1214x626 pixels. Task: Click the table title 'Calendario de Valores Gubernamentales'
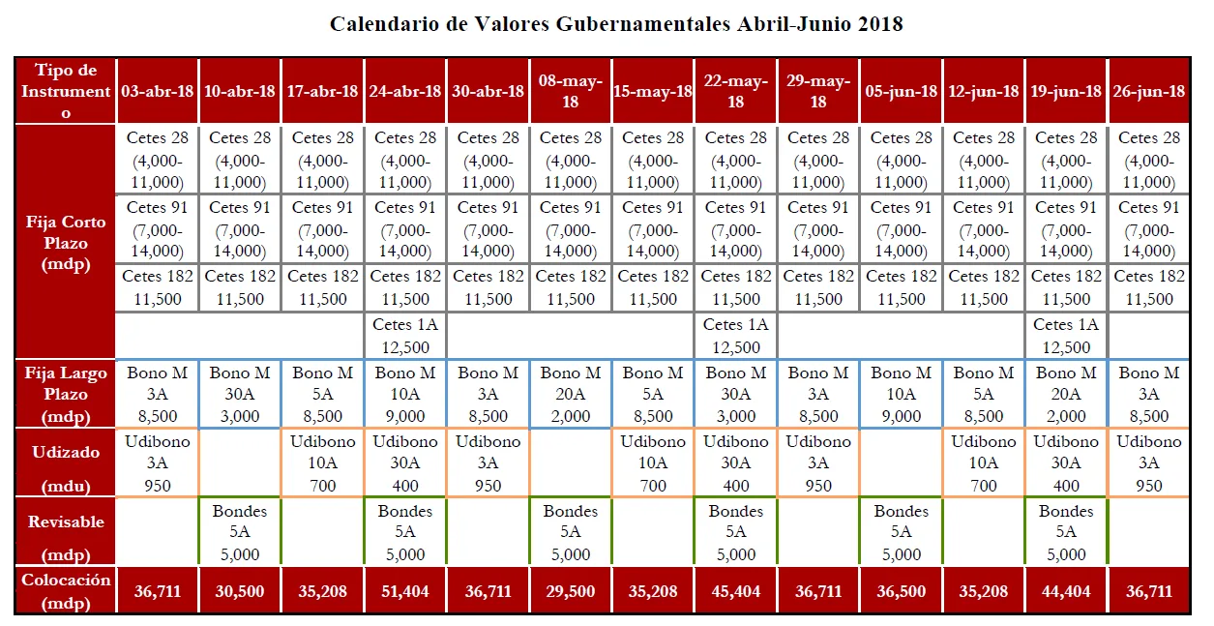[x=616, y=23]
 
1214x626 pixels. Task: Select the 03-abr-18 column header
[x=158, y=91]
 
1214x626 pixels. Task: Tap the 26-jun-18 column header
[x=1149, y=91]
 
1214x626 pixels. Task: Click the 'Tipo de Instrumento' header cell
[x=66, y=91]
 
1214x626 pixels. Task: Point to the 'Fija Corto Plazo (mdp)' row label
[x=66, y=243]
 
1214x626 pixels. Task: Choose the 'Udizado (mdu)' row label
[x=66, y=462]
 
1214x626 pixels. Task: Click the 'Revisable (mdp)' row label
[x=66, y=531]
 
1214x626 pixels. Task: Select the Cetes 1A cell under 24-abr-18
[x=405, y=336]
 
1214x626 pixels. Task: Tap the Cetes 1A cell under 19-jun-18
[x=1067, y=336]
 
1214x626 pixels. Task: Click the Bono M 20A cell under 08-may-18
[x=571, y=394]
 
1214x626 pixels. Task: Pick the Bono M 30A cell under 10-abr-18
[x=240, y=394]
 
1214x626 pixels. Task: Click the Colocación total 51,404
[x=405, y=590]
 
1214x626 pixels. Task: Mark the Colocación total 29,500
[x=571, y=590]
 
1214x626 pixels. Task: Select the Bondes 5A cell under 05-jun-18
[x=902, y=532]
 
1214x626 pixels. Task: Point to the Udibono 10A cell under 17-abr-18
[x=323, y=462]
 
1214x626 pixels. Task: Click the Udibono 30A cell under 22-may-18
[x=736, y=462]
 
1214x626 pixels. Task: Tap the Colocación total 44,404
[x=1067, y=590]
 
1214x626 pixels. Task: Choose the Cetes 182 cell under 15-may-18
[x=653, y=287]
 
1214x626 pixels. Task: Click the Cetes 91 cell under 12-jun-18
[x=984, y=229]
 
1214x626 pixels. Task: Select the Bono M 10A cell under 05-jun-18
[x=902, y=394]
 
